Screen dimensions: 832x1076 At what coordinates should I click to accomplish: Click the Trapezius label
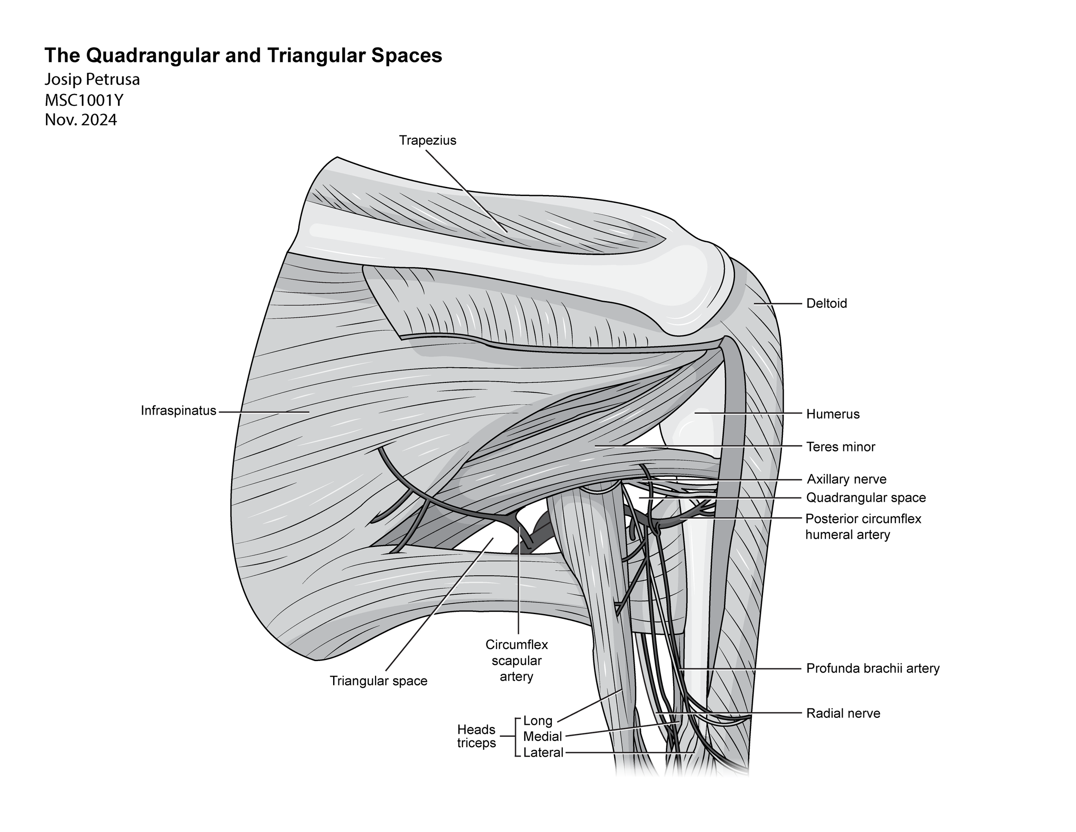coord(428,140)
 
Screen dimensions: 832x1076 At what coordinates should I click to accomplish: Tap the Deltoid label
coord(826,304)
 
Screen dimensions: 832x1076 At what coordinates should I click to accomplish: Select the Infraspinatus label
coord(178,410)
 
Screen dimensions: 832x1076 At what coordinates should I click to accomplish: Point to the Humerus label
coord(833,414)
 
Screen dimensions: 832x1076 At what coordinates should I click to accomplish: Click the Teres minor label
coord(841,447)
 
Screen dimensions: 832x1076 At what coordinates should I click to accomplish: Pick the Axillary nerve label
coord(847,479)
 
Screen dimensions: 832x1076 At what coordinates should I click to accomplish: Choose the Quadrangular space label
coord(866,498)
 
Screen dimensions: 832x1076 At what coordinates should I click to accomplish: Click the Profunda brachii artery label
coord(872,668)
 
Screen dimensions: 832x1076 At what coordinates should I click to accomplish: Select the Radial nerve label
coord(843,713)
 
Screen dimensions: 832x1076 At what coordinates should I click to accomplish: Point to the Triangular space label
coord(378,681)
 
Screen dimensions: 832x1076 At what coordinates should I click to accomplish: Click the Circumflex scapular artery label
coord(516,661)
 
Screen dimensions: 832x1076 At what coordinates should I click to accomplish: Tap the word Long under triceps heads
coord(538,720)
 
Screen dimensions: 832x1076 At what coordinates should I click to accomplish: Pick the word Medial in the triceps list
coord(542,736)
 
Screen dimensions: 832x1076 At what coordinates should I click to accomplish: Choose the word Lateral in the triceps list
coord(543,753)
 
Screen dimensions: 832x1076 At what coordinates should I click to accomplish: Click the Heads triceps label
coord(476,736)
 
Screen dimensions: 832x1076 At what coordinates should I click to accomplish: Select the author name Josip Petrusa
coord(92,79)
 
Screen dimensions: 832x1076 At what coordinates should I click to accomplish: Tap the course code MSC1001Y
coord(84,100)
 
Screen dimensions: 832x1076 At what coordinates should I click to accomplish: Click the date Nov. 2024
coord(81,120)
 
